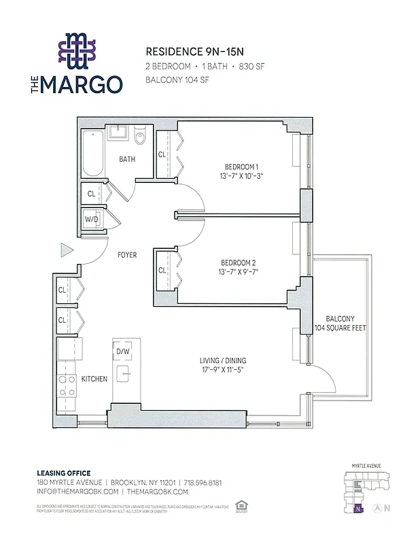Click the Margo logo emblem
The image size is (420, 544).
(77, 52)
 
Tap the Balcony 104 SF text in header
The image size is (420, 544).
(177, 80)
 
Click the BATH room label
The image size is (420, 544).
(127, 160)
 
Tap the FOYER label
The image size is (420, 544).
(127, 256)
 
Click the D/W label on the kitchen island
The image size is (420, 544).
(123, 351)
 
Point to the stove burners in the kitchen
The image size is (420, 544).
(68, 387)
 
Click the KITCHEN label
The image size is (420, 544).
(94, 379)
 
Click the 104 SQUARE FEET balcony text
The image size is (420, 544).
(340, 328)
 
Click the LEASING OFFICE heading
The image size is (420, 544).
(63, 473)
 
